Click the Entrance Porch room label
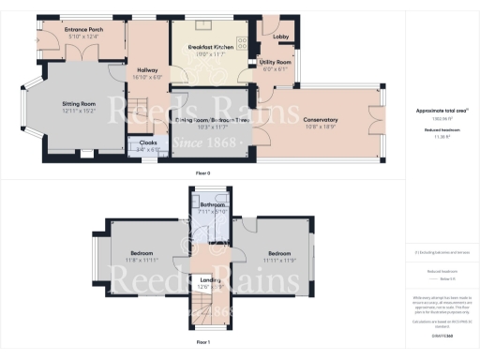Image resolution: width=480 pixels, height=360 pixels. coord(83,29)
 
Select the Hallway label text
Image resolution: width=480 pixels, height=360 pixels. coord(146,70)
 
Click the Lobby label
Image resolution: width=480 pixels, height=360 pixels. coord(280,37)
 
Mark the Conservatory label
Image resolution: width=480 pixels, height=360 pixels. coord(320,119)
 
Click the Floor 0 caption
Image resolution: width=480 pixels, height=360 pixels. coord(202,174)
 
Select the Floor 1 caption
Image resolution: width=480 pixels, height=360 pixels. coord(202,343)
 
